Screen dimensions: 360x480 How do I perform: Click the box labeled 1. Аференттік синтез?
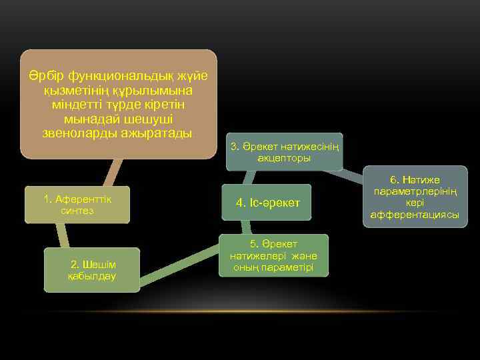[77, 204]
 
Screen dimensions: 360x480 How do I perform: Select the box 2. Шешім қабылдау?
[92, 270]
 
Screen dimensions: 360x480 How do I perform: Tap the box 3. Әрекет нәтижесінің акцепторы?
[284, 152]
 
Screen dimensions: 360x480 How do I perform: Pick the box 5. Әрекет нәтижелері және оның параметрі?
[273, 255]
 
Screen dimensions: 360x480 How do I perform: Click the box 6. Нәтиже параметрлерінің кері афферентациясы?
[415, 197]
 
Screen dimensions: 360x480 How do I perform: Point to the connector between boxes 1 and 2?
[62, 235]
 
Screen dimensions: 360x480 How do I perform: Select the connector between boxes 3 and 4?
[250, 177]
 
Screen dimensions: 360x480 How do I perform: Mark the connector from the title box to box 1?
[111, 172]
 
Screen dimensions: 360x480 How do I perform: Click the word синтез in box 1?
[77, 211]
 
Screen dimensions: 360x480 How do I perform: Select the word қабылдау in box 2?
[92, 276]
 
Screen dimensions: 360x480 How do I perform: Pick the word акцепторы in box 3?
[284, 159]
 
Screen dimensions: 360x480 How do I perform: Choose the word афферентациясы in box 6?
[415, 215]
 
